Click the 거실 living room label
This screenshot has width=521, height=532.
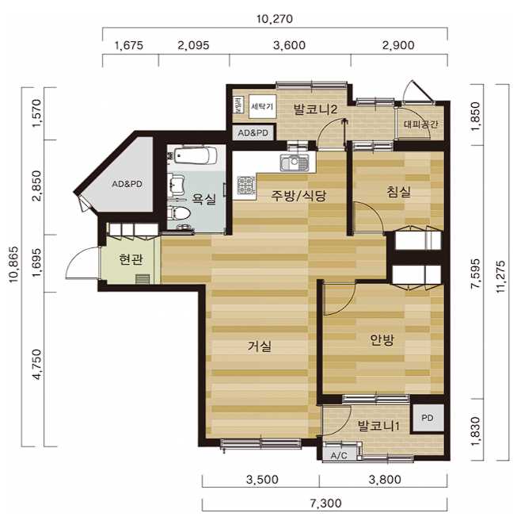(x=260, y=346)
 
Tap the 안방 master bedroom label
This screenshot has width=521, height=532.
(x=382, y=339)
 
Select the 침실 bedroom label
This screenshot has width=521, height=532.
(x=399, y=192)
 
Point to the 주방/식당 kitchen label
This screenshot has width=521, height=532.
(x=299, y=196)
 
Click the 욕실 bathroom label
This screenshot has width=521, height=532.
(x=203, y=198)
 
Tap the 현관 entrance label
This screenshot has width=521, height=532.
(x=131, y=259)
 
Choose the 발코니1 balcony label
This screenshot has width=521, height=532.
(x=378, y=426)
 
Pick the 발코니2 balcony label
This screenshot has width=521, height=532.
(x=315, y=109)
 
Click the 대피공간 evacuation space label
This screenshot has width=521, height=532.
(x=421, y=124)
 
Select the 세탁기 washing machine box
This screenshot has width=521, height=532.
(x=262, y=106)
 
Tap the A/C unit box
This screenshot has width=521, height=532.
(x=339, y=455)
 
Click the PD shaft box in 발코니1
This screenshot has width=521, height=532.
(x=428, y=418)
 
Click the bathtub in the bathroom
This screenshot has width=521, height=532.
(x=196, y=155)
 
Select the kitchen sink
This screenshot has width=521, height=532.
(x=294, y=163)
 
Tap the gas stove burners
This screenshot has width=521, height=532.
(x=245, y=186)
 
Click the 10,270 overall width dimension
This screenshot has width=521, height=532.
(x=275, y=19)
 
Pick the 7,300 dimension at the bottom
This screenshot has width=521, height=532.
(x=326, y=503)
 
